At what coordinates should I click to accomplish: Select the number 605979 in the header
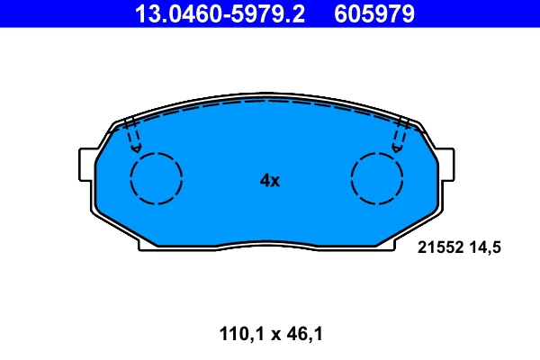point(374,13)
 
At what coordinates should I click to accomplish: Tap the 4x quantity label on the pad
point(270,180)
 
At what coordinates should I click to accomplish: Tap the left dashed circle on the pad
point(157,178)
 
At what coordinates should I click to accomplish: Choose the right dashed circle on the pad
point(376,178)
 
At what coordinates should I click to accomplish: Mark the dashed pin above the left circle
point(133,134)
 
